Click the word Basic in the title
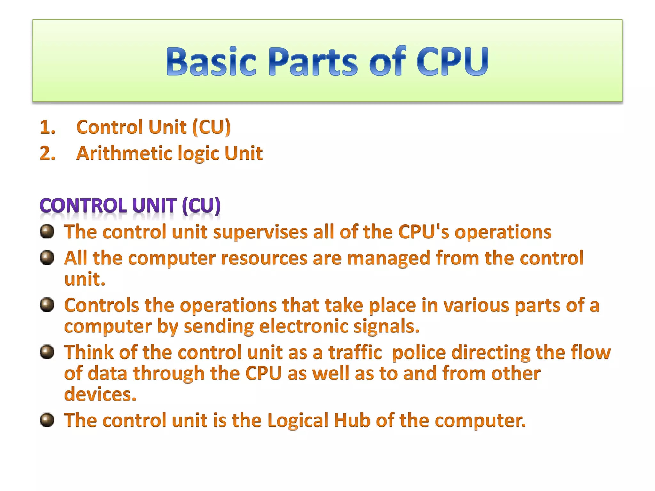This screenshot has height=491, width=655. point(211,61)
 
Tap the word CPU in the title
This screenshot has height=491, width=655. point(452,61)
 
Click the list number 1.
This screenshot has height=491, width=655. point(47,127)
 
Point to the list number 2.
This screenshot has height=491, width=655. point(47,153)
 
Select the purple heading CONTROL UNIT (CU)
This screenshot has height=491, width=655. point(130,205)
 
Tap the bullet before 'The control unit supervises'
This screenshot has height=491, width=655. point(47,231)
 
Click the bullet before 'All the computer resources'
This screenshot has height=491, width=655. point(47,258)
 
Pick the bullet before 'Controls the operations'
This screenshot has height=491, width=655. point(47,305)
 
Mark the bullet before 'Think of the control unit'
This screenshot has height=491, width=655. point(47,352)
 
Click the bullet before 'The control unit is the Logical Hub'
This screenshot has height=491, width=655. point(47,420)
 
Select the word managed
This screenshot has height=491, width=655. point(389,258)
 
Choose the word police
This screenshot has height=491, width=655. point(419,352)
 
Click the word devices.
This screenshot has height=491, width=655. point(100,394)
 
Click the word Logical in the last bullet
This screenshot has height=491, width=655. point(298,421)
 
